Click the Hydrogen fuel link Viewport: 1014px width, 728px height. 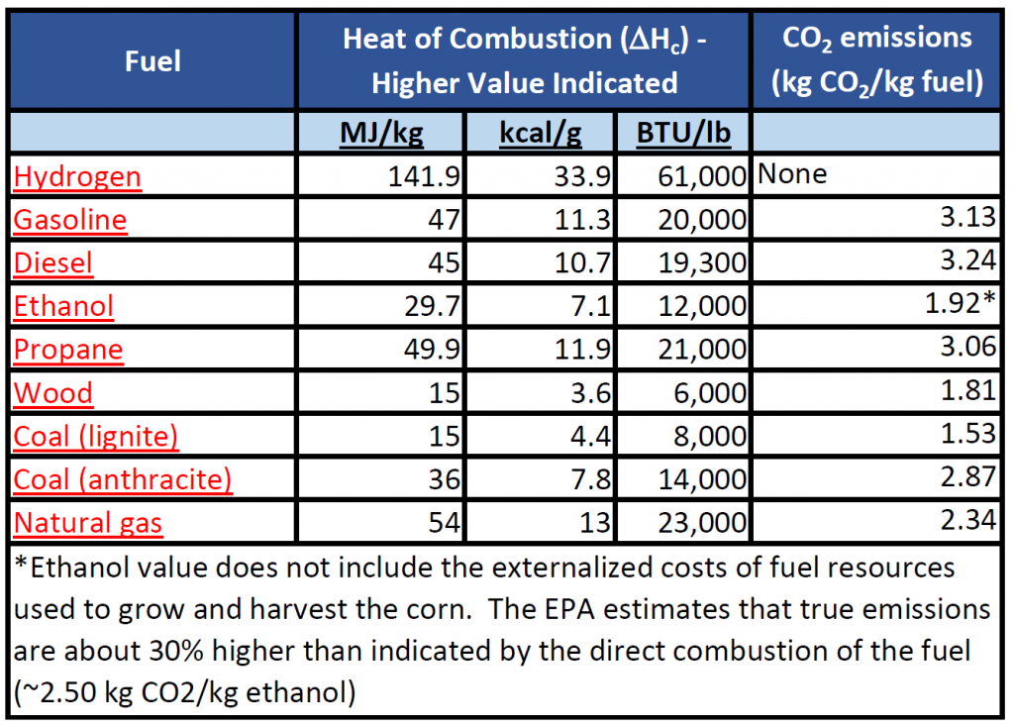[x=77, y=177]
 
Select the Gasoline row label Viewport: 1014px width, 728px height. [x=70, y=220]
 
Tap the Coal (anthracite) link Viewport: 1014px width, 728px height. [x=123, y=480]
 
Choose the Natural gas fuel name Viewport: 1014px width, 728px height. [x=88, y=523]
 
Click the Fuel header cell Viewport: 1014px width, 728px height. [x=152, y=61]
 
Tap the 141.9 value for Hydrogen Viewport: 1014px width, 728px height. [x=426, y=177]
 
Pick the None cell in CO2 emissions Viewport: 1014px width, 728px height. [x=792, y=176]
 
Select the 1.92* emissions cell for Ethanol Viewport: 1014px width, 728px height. [x=956, y=306]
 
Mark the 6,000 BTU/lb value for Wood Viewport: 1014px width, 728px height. [x=704, y=393]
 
